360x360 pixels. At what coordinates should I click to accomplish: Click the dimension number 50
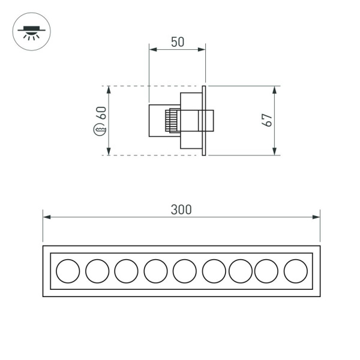(177, 42)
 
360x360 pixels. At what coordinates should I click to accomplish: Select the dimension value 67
(268, 119)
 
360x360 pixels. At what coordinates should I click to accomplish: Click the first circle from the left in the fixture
(68, 271)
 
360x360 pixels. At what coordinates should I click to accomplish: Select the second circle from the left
(97, 271)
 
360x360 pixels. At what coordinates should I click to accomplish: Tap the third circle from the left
(126, 271)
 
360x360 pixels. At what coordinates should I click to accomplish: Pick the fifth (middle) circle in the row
(185, 271)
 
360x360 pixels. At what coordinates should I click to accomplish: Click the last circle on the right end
(295, 271)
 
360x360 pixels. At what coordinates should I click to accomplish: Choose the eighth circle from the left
(266, 271)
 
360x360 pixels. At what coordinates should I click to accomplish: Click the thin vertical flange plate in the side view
(205, 120)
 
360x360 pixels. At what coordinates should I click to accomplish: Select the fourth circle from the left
(155, 271)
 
